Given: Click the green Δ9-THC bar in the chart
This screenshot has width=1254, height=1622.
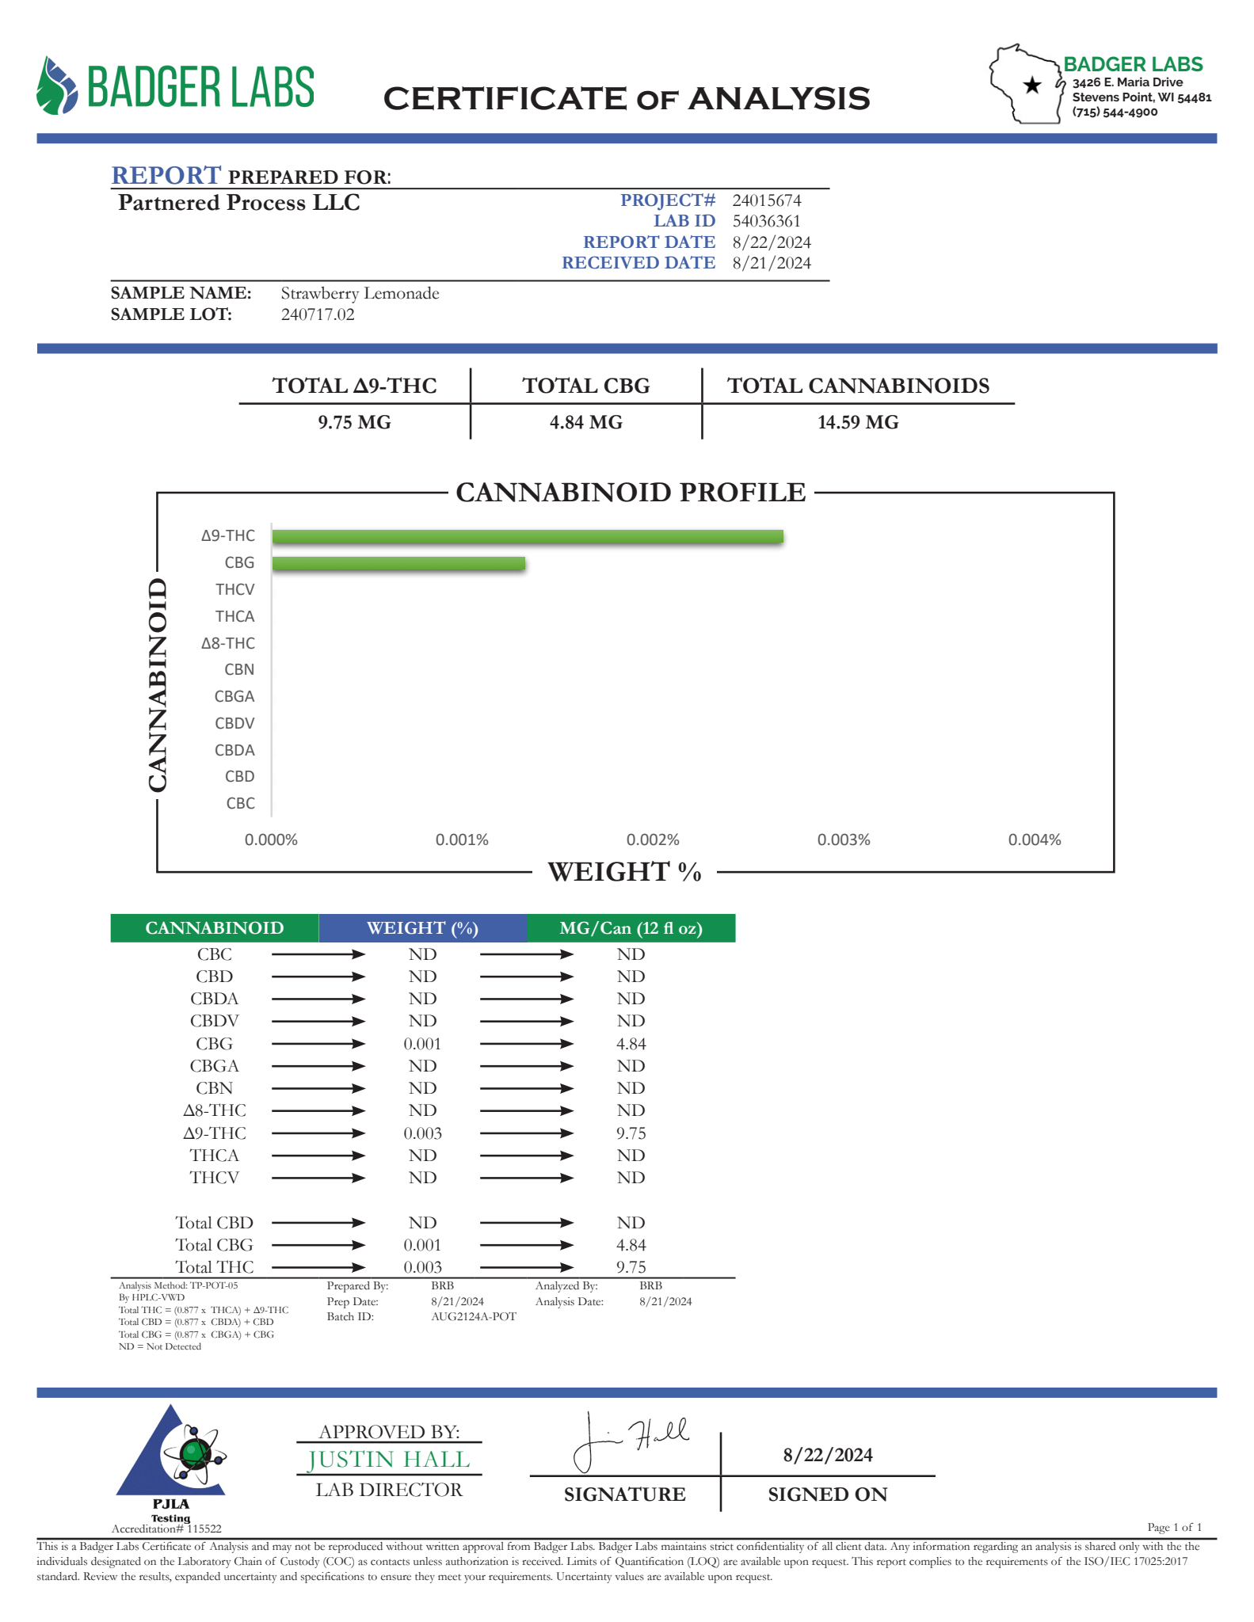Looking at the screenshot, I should click(x=527, y=537).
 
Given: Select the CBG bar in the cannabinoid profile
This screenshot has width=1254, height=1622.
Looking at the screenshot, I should click(x=398, y=564).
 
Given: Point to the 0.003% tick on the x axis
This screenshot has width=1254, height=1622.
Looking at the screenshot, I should click(x=844, y=840).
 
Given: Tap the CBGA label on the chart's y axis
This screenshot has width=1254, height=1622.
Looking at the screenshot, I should click(x=234, y=697).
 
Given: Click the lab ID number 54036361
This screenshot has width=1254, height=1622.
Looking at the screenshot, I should click(x=766, y=221).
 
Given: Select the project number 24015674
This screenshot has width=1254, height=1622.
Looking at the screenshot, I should click(x=766, y=200).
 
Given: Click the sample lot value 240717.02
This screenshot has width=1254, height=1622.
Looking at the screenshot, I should click(x=318, y=314).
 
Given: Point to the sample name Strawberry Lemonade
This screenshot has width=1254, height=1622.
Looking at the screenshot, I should click(x=360, y=293).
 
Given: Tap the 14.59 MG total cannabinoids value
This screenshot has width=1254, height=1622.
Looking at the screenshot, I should click(x=858, y=422).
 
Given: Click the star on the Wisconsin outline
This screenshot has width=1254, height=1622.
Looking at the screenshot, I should click(x=1032, y=85).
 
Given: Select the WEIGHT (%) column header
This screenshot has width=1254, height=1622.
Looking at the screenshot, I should click(x=422, y=928).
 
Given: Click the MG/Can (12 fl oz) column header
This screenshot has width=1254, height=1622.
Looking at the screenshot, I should click(x=631, y=928).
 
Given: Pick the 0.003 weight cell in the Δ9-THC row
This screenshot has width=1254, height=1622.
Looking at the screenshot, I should click(x=422, y=1133).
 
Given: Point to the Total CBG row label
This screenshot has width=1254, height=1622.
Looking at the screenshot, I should click(x=214, y=1245).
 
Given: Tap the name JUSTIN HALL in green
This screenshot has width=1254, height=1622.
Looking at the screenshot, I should click(x=388, y=1460).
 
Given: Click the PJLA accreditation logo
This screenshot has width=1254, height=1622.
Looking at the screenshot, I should click(x=172, y=1461).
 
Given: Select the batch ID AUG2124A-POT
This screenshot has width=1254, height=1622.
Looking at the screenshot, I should click(x=473, y=1316).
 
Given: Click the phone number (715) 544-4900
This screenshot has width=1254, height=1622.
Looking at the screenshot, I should click(x=1115, y=112).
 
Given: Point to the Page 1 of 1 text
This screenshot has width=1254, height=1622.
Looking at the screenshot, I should click(x=1174, y=1527).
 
